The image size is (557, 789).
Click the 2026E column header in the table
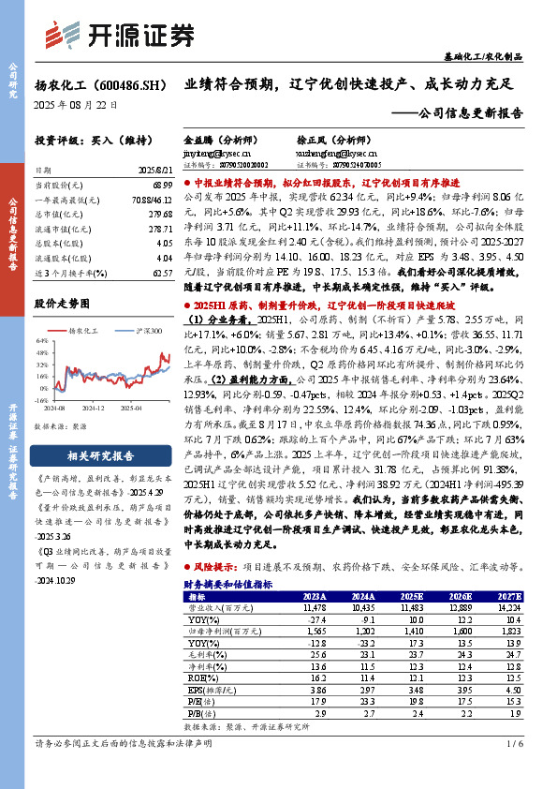coord(461,596)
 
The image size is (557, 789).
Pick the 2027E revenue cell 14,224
coord(509,608)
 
